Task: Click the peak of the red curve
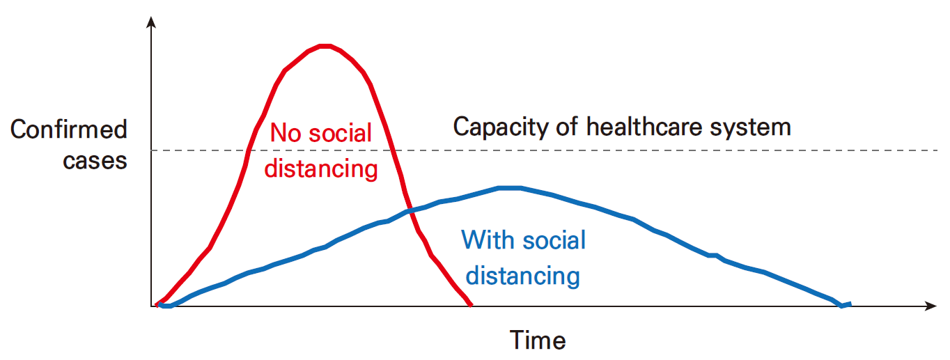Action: pos(325,45)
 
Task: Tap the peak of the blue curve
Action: pos(509,187)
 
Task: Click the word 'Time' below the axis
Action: pos(538,340)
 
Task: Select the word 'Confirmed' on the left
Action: pos(69,129)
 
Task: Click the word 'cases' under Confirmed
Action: pos(95,161)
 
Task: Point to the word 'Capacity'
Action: pos(501,127)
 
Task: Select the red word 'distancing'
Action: pos(321,169)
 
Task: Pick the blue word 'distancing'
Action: pos(523,276)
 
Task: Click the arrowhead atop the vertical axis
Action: pos(151,22)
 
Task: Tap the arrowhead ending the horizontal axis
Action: pos(930,306)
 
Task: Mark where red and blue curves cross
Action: pos(410,211)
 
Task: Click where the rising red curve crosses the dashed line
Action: pos(249,150)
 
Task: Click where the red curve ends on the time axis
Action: pos(470,304)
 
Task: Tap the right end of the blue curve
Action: pos(850,304)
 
